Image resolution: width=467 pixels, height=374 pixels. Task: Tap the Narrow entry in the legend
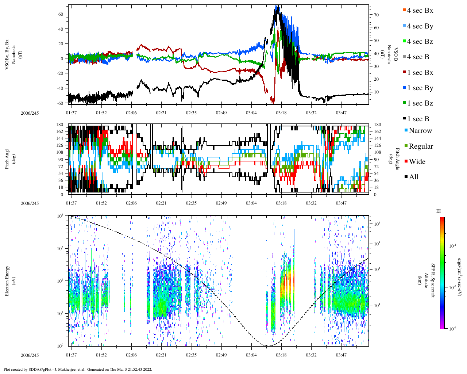(x=420, y=131)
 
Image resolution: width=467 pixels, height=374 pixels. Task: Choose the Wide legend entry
(x=417, y=162)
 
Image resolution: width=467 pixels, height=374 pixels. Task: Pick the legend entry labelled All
(x=413, y=177)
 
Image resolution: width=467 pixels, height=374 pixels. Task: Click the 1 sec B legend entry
(x=418, y=119)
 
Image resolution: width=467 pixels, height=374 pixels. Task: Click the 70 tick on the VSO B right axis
(x=376, y=15)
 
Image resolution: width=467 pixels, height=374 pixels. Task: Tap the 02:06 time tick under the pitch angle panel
(x=131, y=203)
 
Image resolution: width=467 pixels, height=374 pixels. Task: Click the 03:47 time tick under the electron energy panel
(x=341, y=355)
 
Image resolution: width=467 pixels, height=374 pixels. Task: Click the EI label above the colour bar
(x=438, y=211)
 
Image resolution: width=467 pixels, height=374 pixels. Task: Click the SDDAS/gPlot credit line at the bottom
(x=78, y=369)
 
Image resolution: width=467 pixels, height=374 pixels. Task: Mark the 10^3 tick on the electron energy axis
(x=61, y=248)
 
